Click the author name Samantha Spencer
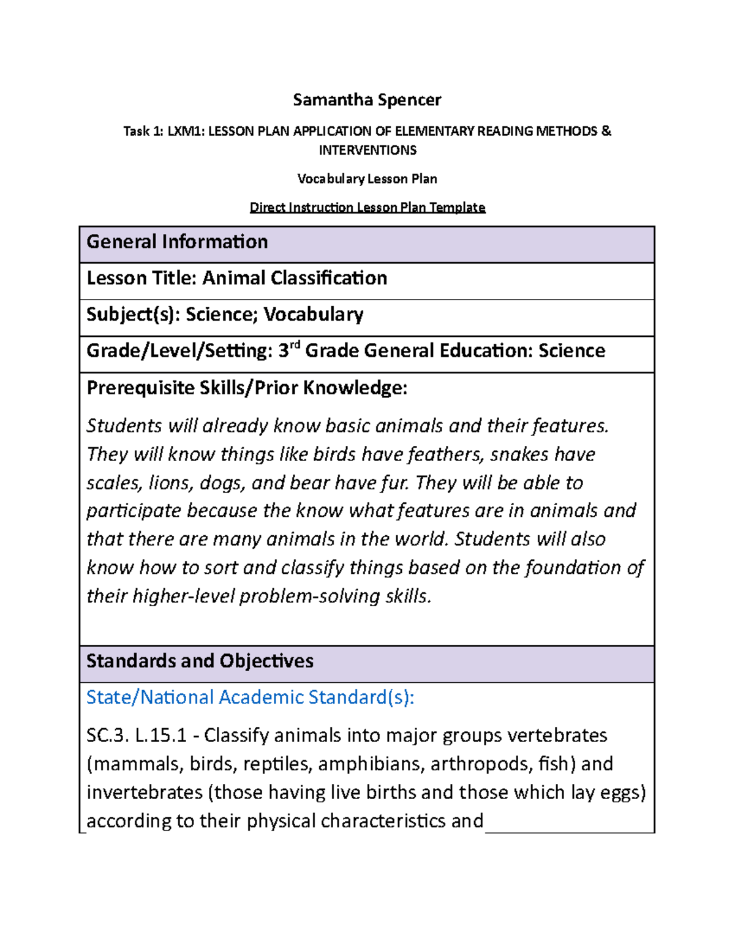coord(367,100)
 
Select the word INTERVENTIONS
coord(367,150)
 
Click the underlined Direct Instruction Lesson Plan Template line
coord(367,208)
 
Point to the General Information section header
coord(177,242)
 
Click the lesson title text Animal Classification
coord(295,278)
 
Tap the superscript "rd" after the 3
coord(295,345)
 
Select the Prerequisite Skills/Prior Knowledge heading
coord(247,388)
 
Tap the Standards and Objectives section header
coord(200,661)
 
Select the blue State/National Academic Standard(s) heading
coord(250,697)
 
